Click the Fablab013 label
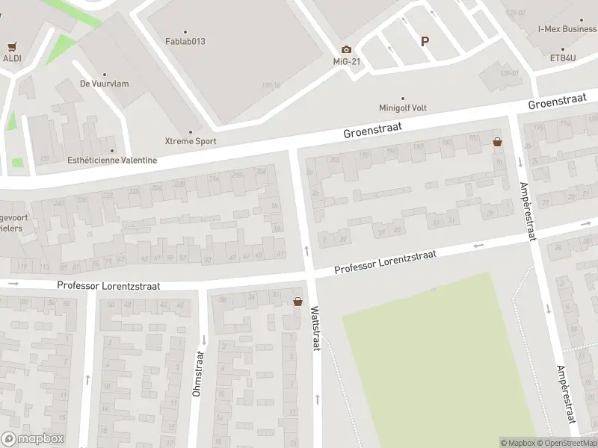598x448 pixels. [x=185, y=42]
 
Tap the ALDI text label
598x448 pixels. [x=11, y=58]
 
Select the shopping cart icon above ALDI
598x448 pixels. [x=11, y=46]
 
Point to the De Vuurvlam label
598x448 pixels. [x=104, y=84]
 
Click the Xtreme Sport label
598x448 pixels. [x=191, y=140]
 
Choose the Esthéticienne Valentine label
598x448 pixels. [x=112, y=160]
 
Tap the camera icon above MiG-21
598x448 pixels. [x=346, y=49]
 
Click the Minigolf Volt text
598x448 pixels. [x=403, y=108]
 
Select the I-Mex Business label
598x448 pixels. [x=567, y=29]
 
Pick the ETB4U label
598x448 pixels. [x=562, y=57]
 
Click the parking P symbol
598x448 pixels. [x=425, y=42]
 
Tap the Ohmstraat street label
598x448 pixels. [x=199, y=373]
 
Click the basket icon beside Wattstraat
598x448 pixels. [x=298, y=302]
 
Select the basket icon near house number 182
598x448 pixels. [x=497, y=141]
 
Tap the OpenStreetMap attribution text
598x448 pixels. [x=567, y=444]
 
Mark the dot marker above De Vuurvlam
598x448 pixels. [x=104, y=74]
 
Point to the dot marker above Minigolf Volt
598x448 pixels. [x=403, y=98]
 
